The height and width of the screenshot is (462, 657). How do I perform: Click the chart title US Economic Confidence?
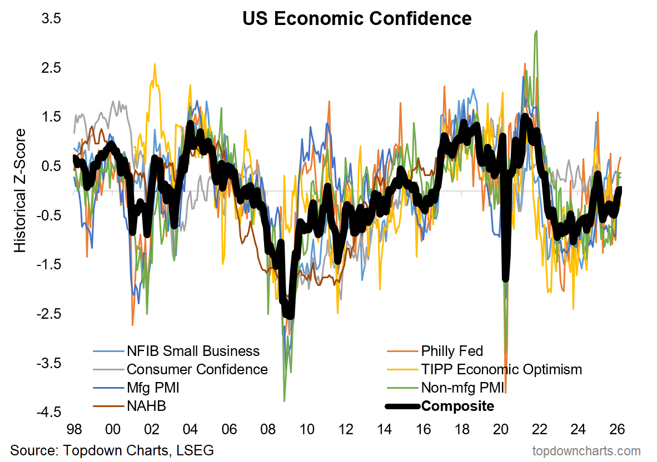coord(357,19)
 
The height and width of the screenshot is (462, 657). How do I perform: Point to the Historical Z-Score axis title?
coord(20,190)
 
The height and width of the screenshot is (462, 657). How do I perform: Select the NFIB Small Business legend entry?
coord(193,351)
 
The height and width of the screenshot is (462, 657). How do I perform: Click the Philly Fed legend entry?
coord(452,351)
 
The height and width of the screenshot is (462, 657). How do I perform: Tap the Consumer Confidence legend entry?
coord(197,369)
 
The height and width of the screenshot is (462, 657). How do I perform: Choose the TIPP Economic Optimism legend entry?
coord(501,369)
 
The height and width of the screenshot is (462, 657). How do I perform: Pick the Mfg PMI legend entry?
coord(153,388)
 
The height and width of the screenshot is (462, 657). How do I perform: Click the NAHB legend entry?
coord(146,406)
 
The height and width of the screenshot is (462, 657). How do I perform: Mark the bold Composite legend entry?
coord(457,406)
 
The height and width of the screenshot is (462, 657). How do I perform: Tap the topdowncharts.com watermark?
coord(586,450)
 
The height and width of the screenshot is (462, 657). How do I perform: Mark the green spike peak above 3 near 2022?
coord(536,31)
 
